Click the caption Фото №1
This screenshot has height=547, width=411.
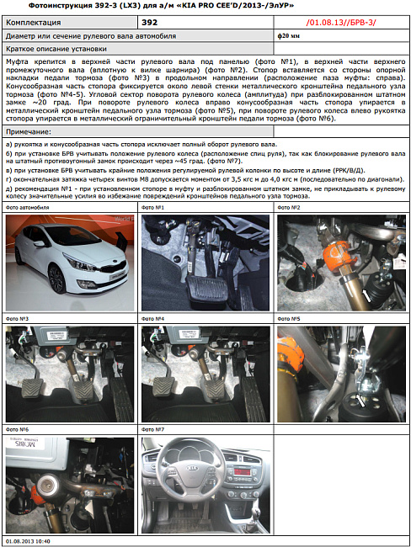click(x=152, y=207)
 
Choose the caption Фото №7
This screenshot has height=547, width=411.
click(x=153, y=430)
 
